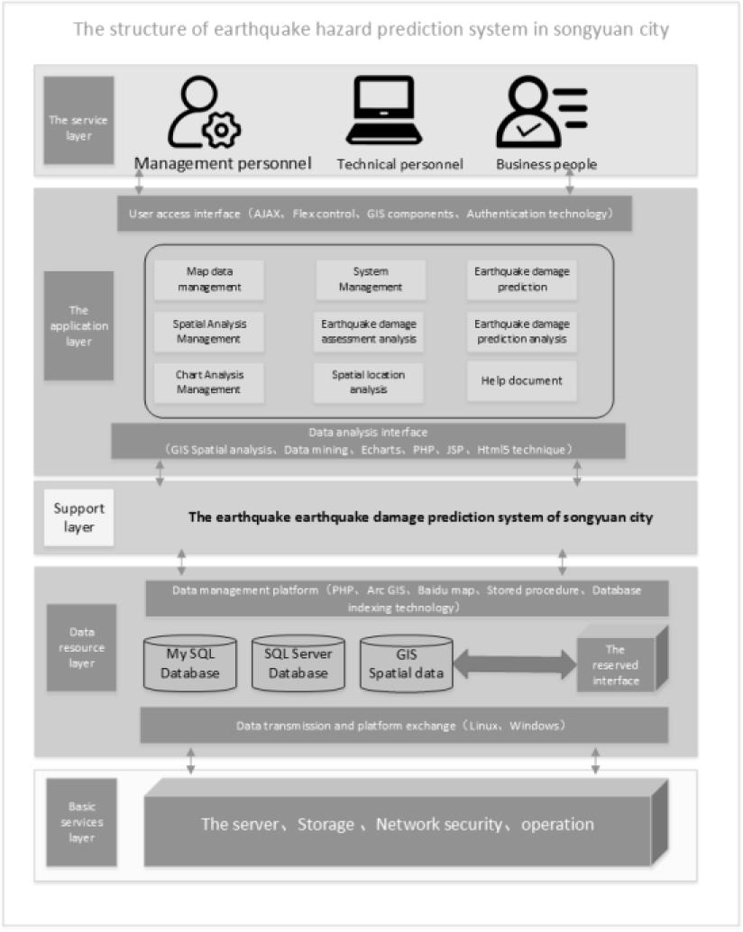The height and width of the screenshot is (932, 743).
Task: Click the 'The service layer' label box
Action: point(78,120)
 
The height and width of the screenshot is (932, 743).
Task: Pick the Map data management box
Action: point(209,279)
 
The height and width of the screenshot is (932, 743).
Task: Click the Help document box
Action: point(522,380)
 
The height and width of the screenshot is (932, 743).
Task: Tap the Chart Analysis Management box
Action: point(209,381)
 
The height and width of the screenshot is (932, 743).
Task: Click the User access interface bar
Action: point(373,215)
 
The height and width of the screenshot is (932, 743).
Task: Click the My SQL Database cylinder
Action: point(189,664)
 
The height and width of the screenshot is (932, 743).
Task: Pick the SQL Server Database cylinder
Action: point(297,664)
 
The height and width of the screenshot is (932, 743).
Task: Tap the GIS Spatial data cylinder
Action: point(406,664)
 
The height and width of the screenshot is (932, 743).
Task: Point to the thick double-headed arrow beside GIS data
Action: point(514,665)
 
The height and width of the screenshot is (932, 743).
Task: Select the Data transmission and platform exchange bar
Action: point(403,726)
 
